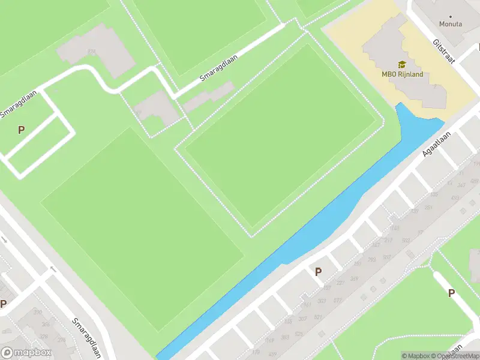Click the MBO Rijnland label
[403, 74]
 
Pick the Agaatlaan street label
[434, 145]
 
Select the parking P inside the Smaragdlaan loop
[22, 130]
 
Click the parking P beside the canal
[318, 272]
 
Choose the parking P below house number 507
[451, 293]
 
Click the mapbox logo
[26, 353]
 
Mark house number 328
[44, 337]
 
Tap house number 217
[388, 241]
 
